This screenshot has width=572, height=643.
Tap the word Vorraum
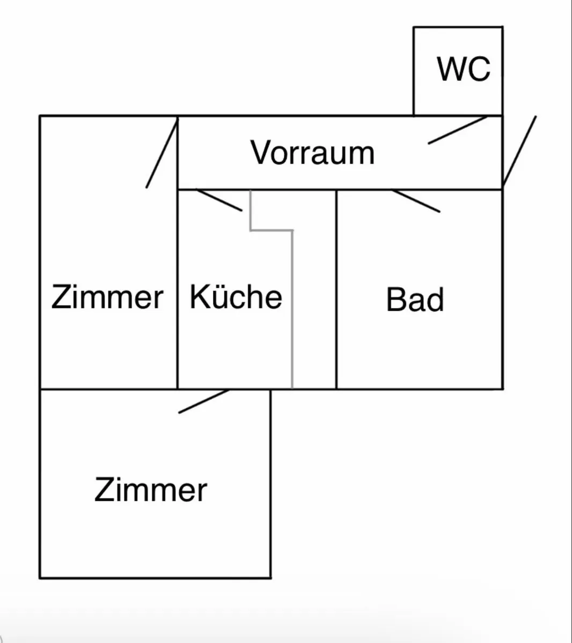point(312,153)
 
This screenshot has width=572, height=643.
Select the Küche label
point(236,296)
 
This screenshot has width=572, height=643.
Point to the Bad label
point(415,300)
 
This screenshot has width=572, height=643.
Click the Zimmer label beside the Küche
point(107,296)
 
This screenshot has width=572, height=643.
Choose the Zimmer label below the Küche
point(151,490)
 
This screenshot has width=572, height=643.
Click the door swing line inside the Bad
point(416,201)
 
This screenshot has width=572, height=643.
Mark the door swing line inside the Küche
point(219,200)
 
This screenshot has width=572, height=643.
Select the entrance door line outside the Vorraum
point(519,152)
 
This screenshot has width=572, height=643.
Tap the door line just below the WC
point(458,130)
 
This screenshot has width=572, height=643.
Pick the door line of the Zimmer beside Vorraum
point(162,152)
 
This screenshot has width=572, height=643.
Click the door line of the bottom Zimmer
point(204,401)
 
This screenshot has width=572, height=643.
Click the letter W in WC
point(451,69)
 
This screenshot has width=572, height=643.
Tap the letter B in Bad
point(395,300)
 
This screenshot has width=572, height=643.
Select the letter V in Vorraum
point(261,153)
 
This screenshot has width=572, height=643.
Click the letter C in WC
point(479,69)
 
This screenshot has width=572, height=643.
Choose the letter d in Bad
point(435,300)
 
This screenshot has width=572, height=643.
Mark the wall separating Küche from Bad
point(336,289)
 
